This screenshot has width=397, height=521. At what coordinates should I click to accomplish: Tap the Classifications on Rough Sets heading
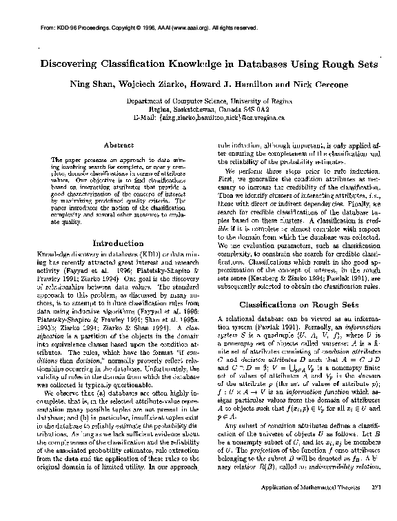pyautogui.click(x=296, y=303)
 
